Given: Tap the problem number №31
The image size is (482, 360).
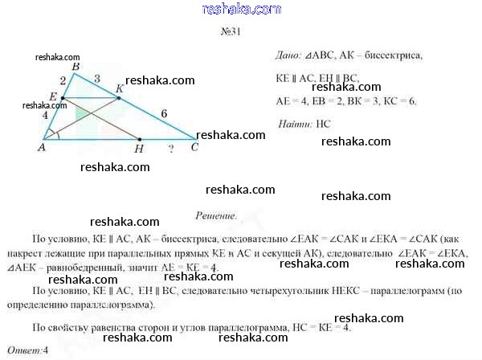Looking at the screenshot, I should click(229, 33).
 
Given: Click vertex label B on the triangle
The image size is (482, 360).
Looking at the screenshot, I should click(75, 67).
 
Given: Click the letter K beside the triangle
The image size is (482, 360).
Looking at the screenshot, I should click(119, 88).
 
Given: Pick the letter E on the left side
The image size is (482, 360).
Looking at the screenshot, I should click(52, 96).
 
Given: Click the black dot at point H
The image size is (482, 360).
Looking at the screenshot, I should click(138, 138).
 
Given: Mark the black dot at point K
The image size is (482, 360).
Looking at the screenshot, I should click(119, 98).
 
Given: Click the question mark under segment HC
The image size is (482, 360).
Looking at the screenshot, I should click(170, 149).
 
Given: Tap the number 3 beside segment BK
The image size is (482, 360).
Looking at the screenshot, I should click(96, 79).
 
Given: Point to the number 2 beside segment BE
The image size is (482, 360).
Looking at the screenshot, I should click(63, 80).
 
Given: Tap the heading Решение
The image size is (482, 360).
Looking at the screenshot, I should click(216, 216).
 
